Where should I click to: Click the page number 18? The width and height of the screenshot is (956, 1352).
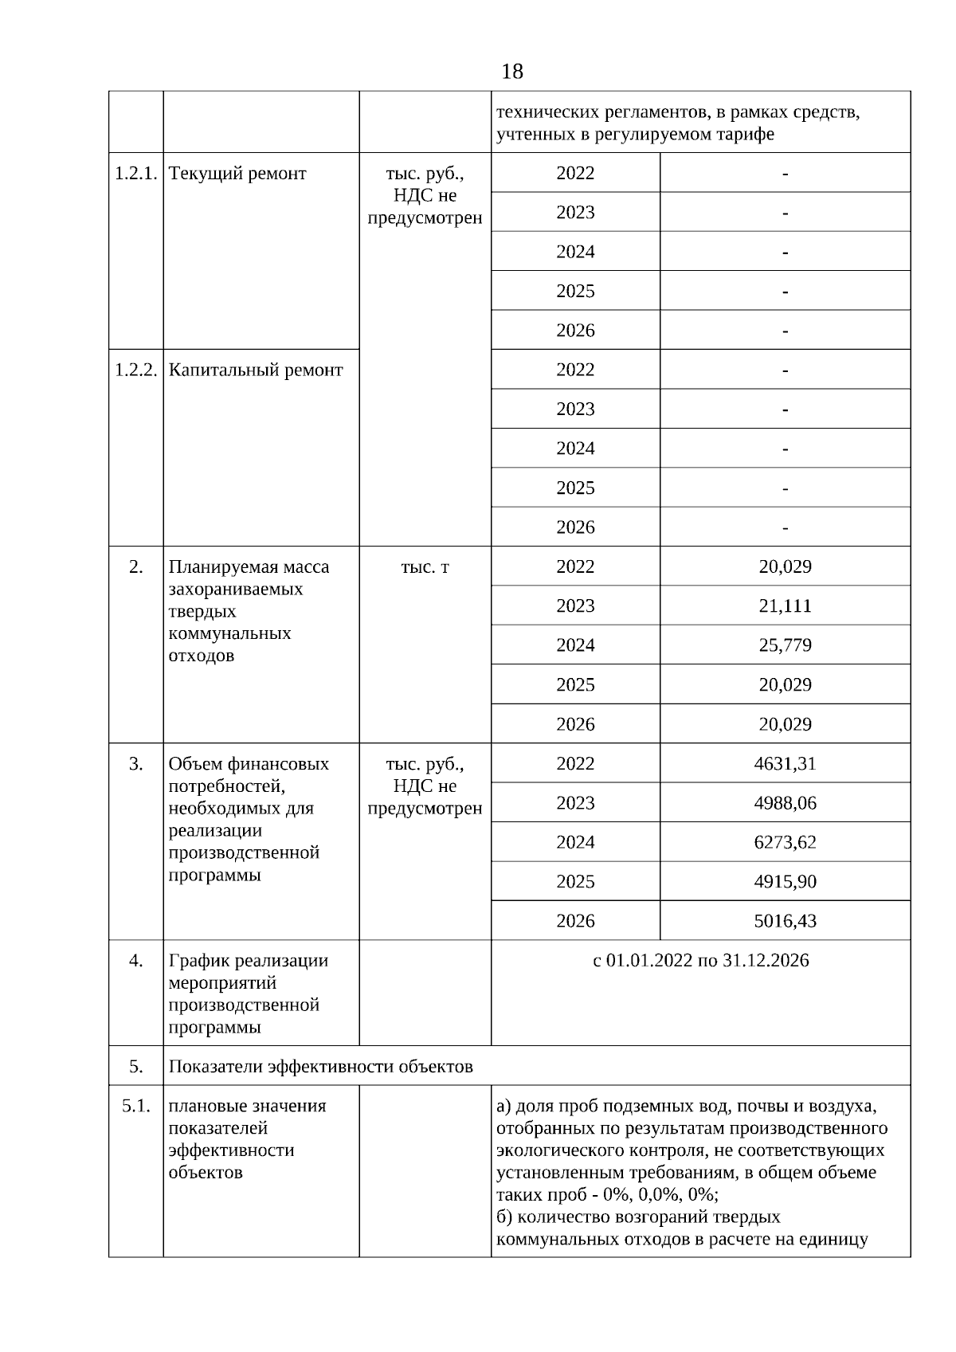click(x=512, y=72)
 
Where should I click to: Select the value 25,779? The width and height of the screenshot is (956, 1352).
click(x=785, y=645)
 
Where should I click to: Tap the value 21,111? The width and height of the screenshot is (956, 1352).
click(x=785, y=605)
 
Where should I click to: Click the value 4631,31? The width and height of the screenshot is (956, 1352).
click(x=785, y=763)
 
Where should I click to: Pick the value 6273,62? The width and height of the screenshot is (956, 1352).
click(x=785, y=842)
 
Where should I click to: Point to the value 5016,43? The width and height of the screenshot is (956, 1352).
click(x=785, y=921)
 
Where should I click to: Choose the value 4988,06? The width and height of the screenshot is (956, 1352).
click(x=785, y=802)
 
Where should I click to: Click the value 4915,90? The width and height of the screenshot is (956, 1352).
click(x=785, y=881)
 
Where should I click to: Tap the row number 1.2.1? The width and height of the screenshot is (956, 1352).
click(x=135, y=174)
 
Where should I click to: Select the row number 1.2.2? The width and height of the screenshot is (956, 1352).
click(x=135, y=370)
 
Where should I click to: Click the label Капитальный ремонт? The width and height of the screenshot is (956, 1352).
click(x=256, y=370)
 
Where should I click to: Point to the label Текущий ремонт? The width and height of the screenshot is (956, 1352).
click(x=237, y=174)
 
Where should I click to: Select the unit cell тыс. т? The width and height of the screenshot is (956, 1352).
click(x=425, y=567)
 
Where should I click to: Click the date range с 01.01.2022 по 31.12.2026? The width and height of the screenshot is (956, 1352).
click(x=700, y=961)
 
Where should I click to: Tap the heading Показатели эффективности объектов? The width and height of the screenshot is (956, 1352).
click(x=320, y=1066)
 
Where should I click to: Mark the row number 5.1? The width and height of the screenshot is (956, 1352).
click(x=135, y=1106)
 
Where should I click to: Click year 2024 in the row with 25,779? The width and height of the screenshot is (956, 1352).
click(x=575, y=645)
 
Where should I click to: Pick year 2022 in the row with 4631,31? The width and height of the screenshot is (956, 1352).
click(x=575, y=763)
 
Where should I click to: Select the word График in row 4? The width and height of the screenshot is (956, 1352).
click(x=196, y=961)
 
